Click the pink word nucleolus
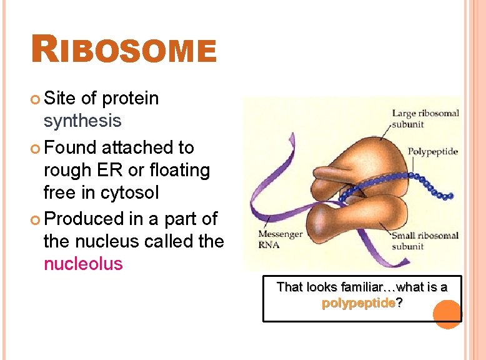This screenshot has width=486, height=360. (83, 264)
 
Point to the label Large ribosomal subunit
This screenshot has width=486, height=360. (425, 118)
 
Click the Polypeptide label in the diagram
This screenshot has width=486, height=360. (432, 151)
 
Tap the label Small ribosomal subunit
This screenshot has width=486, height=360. (425, 241)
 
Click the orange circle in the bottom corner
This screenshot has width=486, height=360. (447, 314)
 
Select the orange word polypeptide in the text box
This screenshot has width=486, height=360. (358, 303)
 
